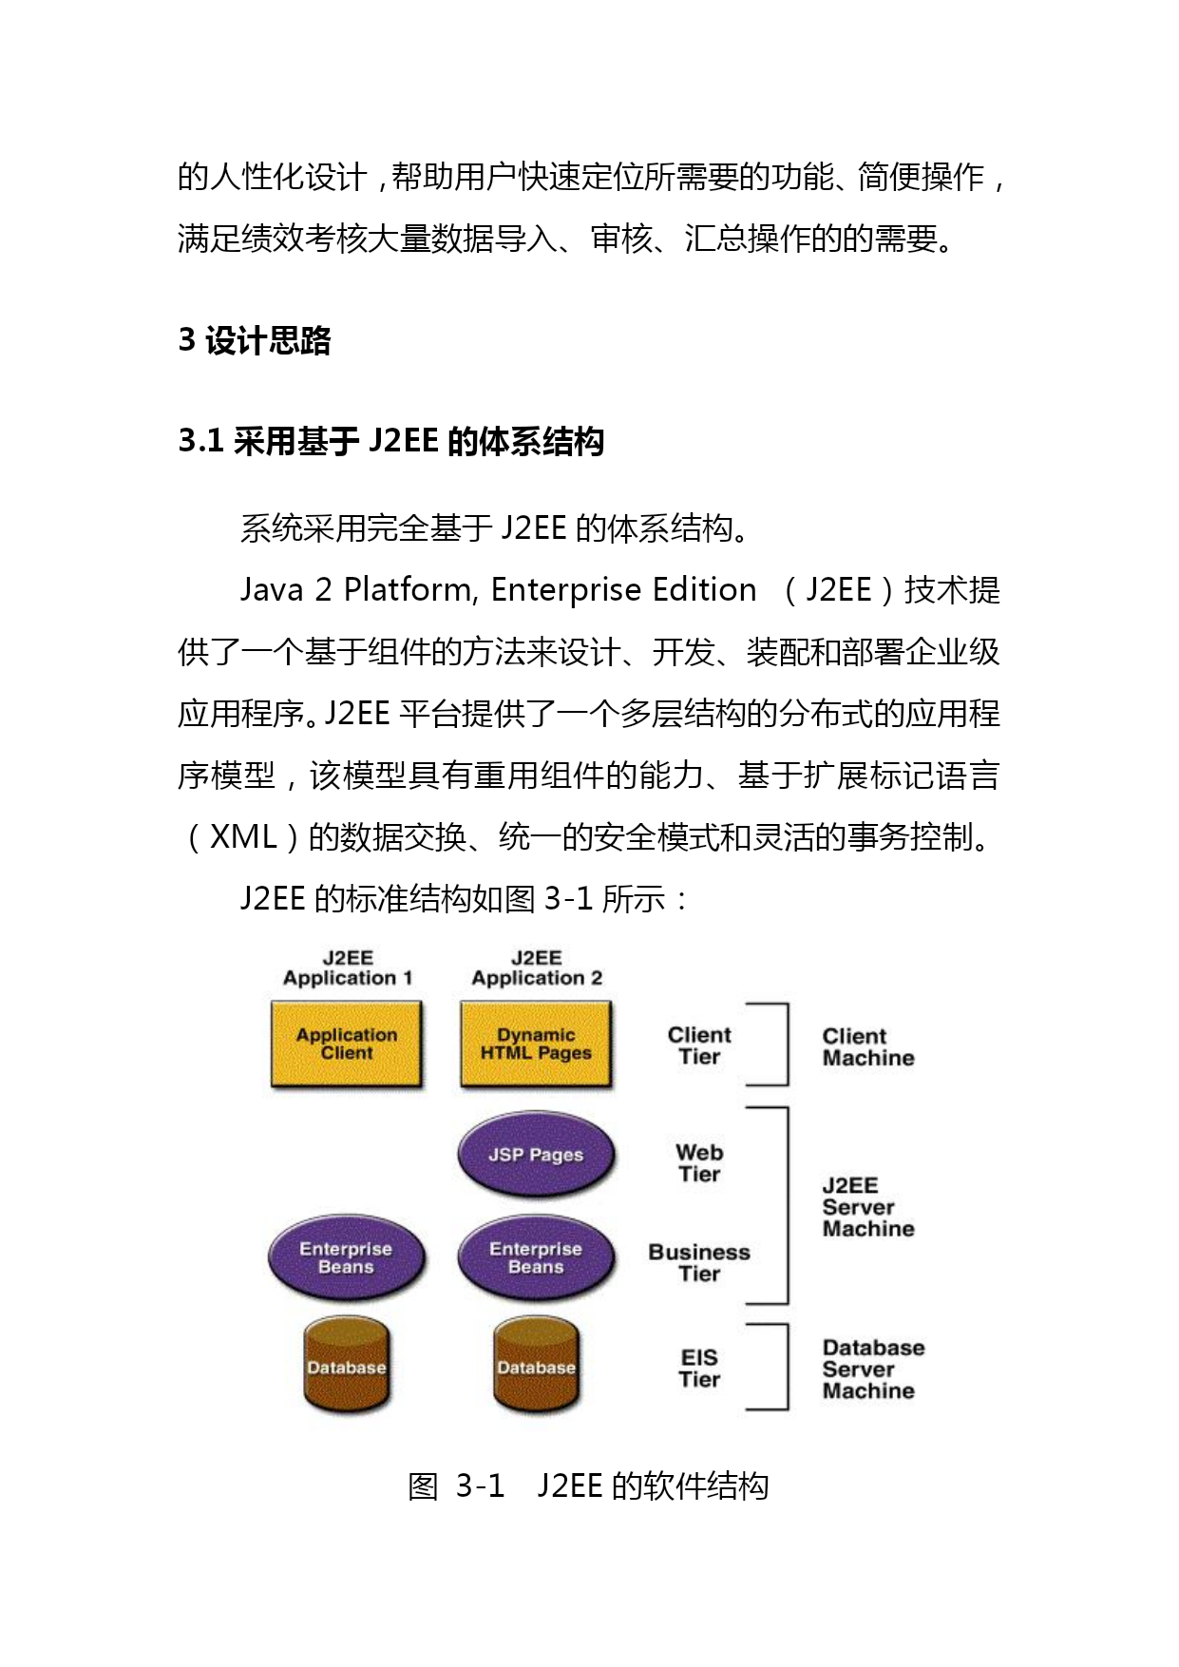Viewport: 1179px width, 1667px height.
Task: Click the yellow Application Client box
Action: [347, 1044]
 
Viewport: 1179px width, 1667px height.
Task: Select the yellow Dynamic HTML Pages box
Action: [536, 1044]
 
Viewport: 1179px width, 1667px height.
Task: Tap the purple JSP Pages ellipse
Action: [536, 1155]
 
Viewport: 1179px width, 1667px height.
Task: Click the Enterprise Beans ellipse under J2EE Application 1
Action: [347, 1258]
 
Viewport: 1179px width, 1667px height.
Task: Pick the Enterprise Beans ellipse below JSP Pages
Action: [536, 1258]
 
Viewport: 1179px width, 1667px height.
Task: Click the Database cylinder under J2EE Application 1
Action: [347, 1366]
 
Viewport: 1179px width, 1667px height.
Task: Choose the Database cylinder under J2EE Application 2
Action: [537, 1366]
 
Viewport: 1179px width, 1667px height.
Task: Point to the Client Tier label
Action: [700, 1045]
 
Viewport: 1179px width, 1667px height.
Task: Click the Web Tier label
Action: [700, 1163]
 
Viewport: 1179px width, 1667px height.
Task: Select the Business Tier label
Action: [699, 1263]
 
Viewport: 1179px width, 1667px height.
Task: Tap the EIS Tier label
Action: [700, 1369]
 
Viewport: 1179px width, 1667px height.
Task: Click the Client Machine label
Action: [868, 1047]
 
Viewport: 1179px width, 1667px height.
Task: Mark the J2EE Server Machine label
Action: [868, 1207]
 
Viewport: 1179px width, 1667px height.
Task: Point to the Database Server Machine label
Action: [873, 1370]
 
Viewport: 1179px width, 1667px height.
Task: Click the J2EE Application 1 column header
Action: [348, 968]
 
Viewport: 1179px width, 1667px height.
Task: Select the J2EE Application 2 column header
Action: [537, 968]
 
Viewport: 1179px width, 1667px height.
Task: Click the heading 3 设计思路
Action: [255, 340]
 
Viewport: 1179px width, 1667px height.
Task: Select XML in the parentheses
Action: [243, 837]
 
